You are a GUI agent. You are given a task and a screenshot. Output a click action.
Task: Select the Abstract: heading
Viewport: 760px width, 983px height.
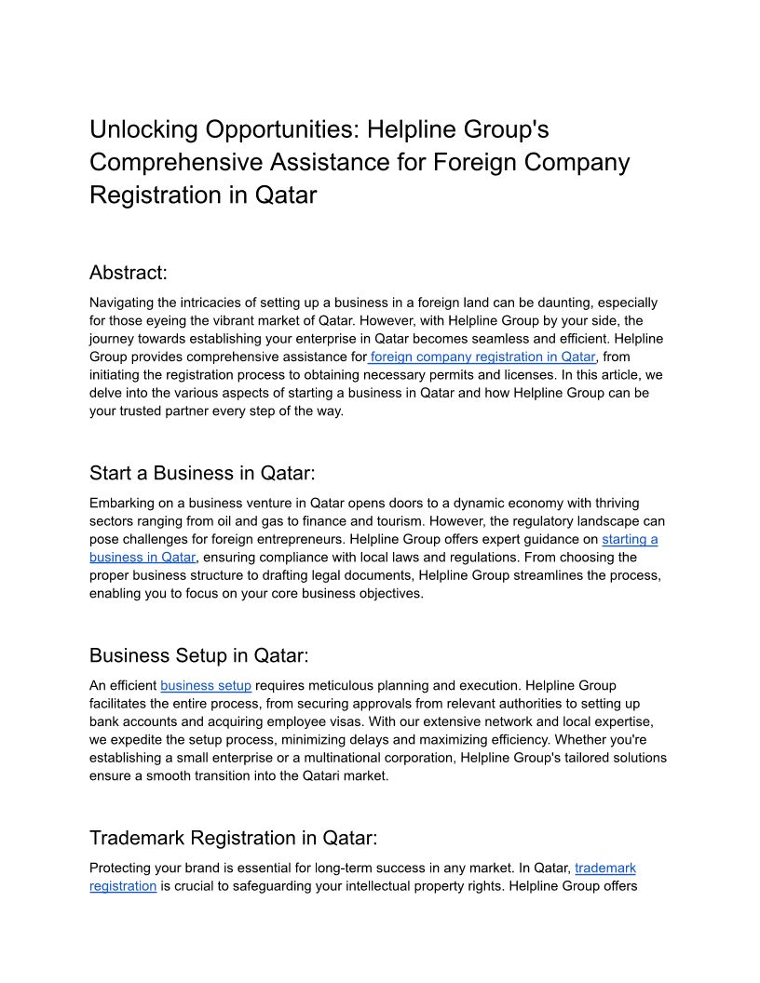[x=129, y=273]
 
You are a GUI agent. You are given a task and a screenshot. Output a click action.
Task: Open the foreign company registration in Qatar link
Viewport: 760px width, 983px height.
[x=483, y=357]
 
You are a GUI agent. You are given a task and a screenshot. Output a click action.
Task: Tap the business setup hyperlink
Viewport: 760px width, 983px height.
[x=206, y=685]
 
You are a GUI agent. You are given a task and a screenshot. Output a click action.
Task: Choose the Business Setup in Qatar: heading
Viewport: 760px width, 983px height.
[x=198, y=655]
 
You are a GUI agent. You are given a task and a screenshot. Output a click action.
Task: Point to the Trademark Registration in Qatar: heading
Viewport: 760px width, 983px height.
[x=233, y=838]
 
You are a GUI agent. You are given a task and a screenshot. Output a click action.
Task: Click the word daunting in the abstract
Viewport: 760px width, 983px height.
[x=563, y=303]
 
